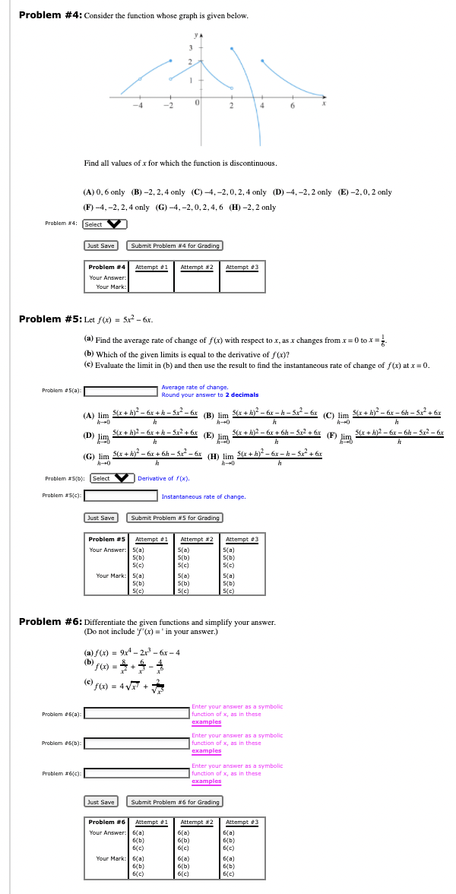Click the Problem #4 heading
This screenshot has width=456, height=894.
[49, 15]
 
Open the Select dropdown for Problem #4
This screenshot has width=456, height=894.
[104, 224]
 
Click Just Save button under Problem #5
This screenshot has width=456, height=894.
[101, 518]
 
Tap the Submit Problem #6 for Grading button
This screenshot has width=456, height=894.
[176, 802]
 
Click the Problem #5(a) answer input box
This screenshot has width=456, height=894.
[121, 392]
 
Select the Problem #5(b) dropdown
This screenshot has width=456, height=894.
[112, 478]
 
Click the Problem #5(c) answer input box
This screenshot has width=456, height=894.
[121, 496]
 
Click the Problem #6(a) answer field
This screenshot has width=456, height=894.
[136, 713]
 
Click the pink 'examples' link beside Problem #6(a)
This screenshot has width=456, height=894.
[207, 721]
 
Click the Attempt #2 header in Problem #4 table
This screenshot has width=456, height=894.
[196, 267]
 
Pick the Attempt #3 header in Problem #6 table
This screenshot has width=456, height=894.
[242, 822]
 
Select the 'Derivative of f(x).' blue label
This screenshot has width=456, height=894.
[163, 479]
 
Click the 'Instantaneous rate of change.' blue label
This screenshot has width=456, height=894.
[204, 497]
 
